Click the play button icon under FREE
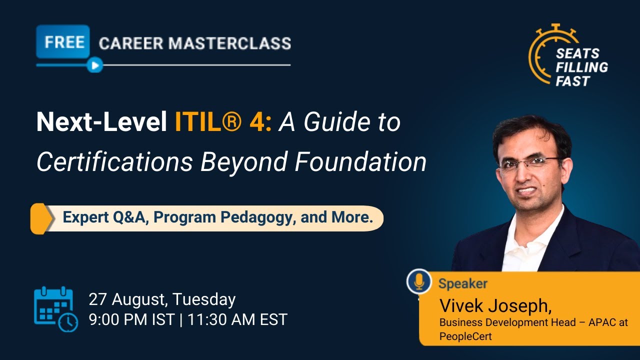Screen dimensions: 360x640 coord(94,65)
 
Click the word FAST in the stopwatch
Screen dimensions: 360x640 coord(573,81)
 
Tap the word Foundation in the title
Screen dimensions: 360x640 coord(360,161)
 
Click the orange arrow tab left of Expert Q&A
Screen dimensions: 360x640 coord(41,218)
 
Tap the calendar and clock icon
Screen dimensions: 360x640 coord(55,309)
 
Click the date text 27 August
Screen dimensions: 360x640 coord(128,299)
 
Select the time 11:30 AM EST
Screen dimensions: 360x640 coord(237,319)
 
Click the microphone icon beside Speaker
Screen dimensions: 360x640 coord(419,282)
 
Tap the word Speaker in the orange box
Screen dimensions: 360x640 coord(462,284)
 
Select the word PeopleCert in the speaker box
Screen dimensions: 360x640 coord(465,336)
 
